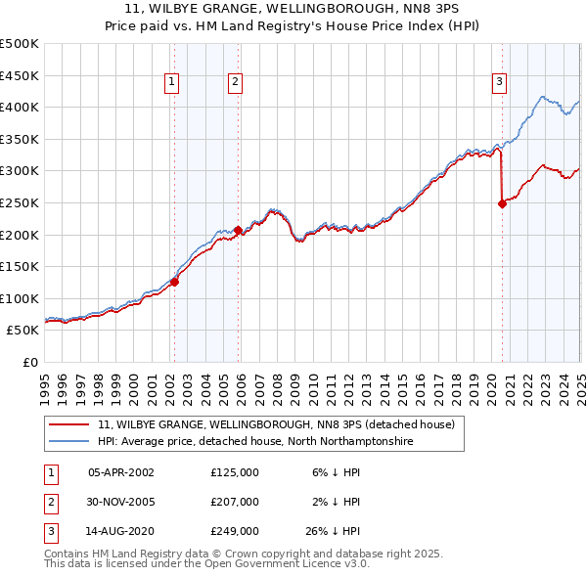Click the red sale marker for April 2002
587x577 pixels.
point(174,282)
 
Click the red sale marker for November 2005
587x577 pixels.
point(238,230)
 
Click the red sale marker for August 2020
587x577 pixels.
point(502,203)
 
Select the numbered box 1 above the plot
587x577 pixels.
point(171,83)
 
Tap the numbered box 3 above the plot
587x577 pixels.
point(499,83)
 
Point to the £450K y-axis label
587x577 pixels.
point(20,75)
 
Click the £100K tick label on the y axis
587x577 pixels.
point(20,298)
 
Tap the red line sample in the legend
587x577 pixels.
point(69,425)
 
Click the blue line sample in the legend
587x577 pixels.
point(69,442)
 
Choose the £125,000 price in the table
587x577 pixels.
point(235,471)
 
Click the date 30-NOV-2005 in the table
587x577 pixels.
point(121,502)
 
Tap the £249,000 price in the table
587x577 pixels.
point(235,532)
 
